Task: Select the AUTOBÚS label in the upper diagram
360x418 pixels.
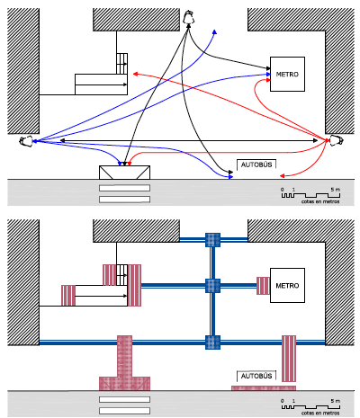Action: tap(256, 165)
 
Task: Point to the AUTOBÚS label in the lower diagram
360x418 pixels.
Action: tap(256, 376)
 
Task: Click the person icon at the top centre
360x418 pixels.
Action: tap(188, 17)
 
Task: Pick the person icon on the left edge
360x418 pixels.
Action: tap(26, 141)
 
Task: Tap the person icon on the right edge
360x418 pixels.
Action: tap(337, 140)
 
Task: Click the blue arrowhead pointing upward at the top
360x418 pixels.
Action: tap(215, 32)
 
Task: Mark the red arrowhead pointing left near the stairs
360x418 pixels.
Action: tap(135, 74)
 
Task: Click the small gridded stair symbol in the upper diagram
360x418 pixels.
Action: tap(121, 64)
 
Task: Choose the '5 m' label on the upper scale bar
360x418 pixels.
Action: tap(336, 190)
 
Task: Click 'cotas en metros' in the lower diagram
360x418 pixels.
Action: tap(320, 413)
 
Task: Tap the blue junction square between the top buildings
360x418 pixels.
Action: tap(212, 240)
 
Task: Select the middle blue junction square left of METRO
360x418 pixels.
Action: tap(212, 286)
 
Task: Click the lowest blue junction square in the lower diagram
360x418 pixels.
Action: tap(212, 342)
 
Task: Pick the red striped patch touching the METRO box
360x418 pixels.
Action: tap(263, 286)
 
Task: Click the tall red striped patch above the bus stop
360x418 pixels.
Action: tap(289, 359)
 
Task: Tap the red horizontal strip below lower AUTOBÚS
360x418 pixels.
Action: tap(264, 388)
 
